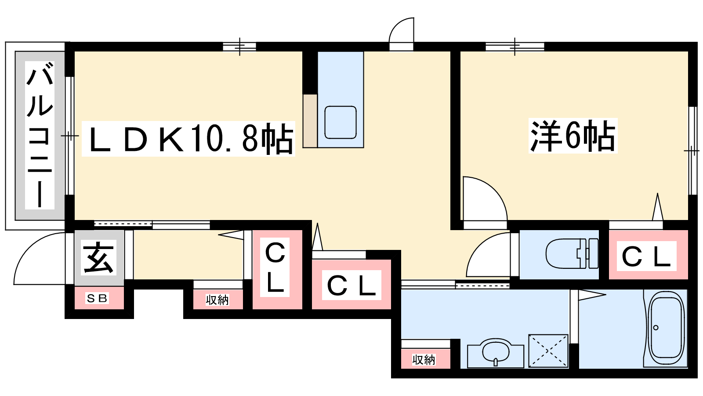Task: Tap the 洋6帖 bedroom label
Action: tap(573, 136)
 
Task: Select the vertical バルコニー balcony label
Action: tap(40, 135)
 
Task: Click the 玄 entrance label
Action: tap(98, 257)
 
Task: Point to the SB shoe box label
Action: tap(97, 298)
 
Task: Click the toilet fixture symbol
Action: tap(572, 253)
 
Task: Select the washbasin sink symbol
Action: tap(496, 352)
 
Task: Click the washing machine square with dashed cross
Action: tap(548, 350)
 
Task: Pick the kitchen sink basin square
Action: tap(341, 122)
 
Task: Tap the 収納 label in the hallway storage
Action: tap(217, 300)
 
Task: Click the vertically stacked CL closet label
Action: tap(275, 267)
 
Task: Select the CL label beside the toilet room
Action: tap(646, 257)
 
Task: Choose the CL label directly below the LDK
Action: tap(351, 286)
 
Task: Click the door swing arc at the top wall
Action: tap(402, 30)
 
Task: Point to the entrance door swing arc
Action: tap(39, 258)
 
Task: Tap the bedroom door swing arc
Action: tap(485, 198)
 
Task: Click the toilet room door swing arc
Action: tap(488, 255)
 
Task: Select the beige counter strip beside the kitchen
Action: tap(310, 121)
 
